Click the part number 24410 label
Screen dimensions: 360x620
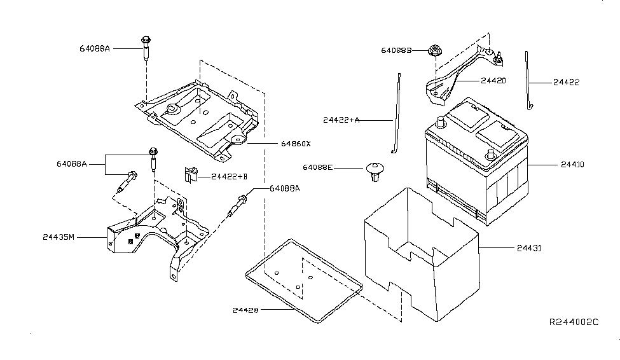coord(572,165)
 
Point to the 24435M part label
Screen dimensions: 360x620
coord(59,237)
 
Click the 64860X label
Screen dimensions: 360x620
coord(296,144)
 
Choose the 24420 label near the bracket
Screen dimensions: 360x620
coord(493,81)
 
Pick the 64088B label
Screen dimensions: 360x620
coord(397,50)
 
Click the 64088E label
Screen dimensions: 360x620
coord(320,169)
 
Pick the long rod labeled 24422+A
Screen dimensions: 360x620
coord(396,114)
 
